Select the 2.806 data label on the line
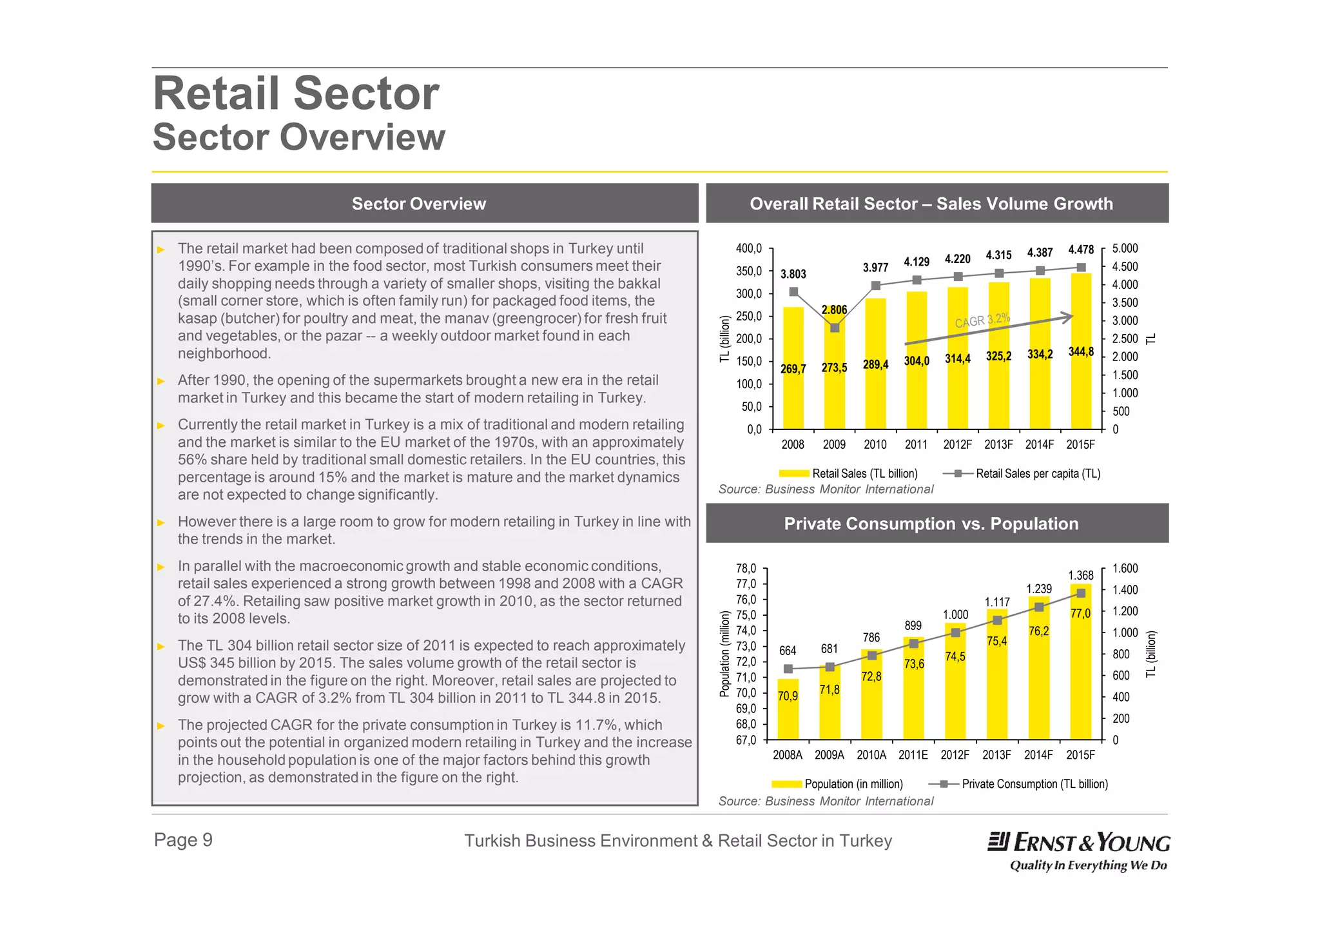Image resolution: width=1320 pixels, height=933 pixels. (x=834, y=310)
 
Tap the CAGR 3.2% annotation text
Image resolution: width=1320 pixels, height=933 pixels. (x=982, y=320)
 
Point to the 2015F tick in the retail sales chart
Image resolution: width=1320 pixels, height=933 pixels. (x=1080, y=444)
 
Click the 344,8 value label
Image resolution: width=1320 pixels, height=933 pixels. (x=1081, y=352)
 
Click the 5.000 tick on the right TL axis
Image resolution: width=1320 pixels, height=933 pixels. (x=1125, y=248)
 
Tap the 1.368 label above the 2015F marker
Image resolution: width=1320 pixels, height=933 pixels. (x=1080, y=575)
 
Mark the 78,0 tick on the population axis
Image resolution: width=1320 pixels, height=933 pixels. (x=746, y=568)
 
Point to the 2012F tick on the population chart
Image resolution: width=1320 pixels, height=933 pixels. (x=955, y=755)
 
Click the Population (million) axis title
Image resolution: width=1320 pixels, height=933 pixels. (x=724, y=654)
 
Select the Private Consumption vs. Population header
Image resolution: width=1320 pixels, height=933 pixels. (x=931, y=524)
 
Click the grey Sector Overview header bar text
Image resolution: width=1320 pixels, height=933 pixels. (x=418, y=204)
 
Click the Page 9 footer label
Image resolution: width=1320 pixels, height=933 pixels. (x=183, y=840)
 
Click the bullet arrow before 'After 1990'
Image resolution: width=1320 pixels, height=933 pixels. (x=161, y=381)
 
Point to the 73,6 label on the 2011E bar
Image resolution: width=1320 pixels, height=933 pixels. (x=913, y=664)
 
